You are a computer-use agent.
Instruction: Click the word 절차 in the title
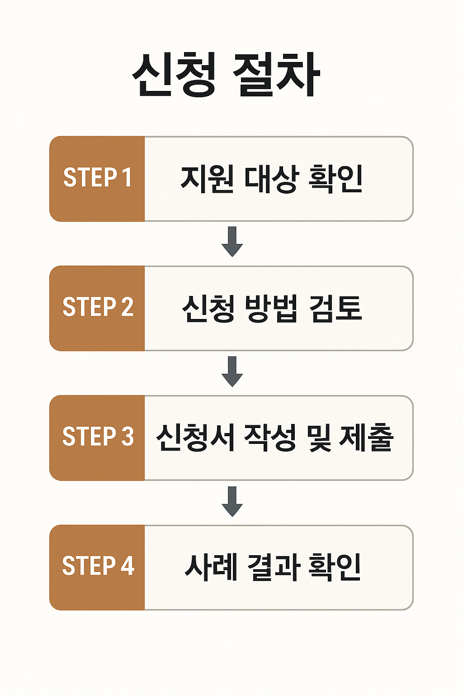point(276,75)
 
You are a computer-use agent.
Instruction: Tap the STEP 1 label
point(97,177)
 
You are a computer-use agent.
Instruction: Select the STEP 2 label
point(98,307)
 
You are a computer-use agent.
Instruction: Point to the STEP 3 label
point(98,437)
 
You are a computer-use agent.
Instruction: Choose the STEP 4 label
point(98,566)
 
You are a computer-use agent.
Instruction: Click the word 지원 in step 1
point(207,179)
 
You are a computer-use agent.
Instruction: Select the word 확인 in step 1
point(335,179)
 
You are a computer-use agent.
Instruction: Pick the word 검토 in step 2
point(335,309)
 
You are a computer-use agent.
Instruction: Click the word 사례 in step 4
point(211,567)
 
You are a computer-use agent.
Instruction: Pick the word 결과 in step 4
point(273,567)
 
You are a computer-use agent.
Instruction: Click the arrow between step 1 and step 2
point(232,242)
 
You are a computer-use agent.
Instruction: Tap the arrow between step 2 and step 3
point(232,371)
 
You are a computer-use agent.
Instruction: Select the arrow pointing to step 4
point(232,501)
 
